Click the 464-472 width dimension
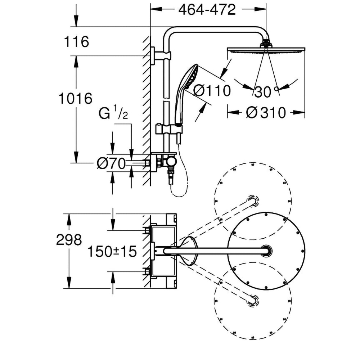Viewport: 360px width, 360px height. (x=207, y=10)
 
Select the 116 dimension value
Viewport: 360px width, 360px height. (x=76, y=42)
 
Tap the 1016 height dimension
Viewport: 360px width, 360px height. (x=76, y=98)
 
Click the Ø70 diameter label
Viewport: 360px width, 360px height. (x=111, y=164)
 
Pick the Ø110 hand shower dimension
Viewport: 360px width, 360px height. (x=212, y=91)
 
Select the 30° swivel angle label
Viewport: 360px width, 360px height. (x=266, y=93)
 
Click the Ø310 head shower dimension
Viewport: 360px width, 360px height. (x=266, y=113)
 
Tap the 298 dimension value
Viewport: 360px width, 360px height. (x=69, y=240)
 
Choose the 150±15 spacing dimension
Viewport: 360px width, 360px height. (x=112, y=252)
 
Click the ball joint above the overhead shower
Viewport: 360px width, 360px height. (x=266, y=44)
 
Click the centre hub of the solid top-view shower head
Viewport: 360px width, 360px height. (x=266, y=251)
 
